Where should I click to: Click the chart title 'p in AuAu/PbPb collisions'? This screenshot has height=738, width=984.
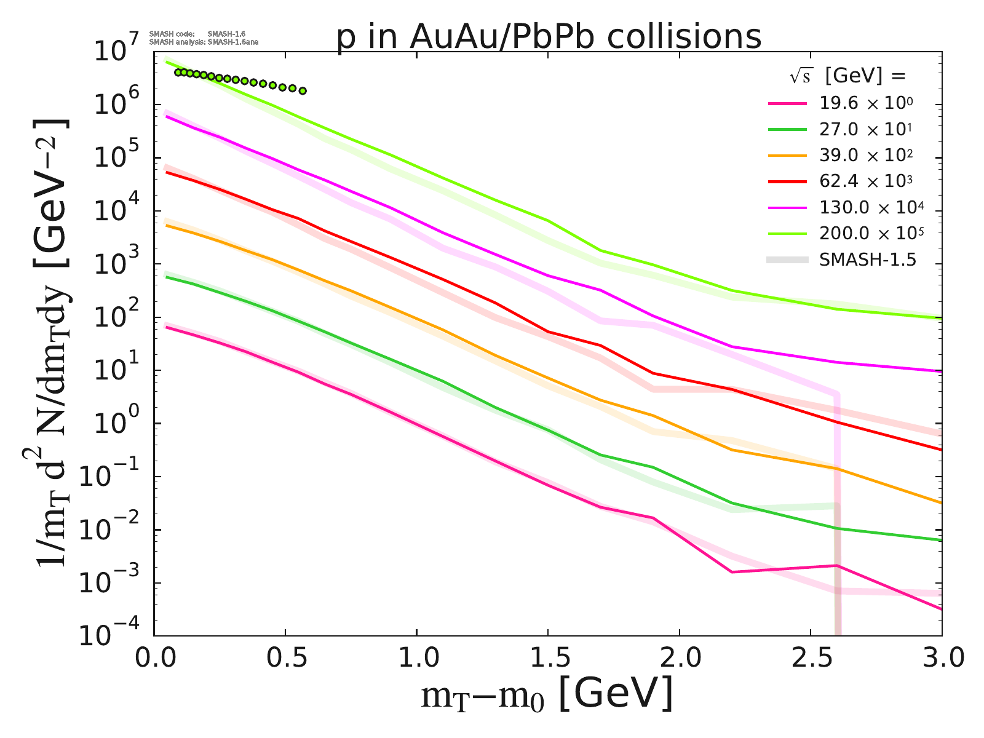549,37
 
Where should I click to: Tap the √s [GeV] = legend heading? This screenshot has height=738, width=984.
848,76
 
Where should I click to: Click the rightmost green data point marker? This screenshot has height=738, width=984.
302,91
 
